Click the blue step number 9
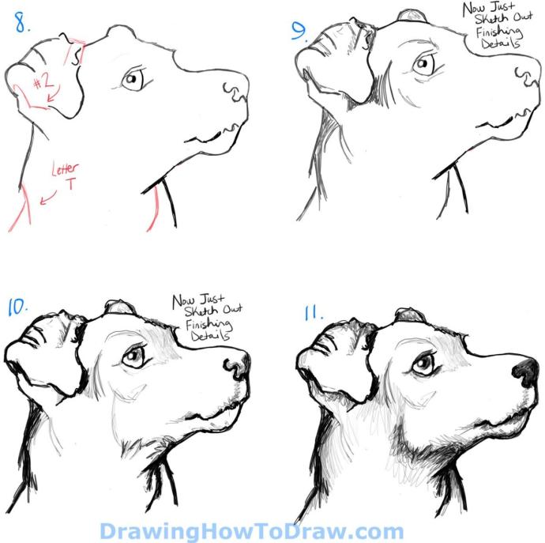[x=299, y=31]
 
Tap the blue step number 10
[x=17, y=307]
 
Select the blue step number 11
[x=313, y=312]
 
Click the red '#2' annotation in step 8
[x=43, y=82]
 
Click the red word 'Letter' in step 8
[x=65, y=168]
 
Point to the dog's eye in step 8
[x=132, y=79]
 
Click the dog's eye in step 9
[x=423, y=64]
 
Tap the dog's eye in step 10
[x=133, y=356]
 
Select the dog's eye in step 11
[x=423, y=364]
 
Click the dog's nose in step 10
[x=237, y=365]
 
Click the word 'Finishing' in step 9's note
[x=499, y=32]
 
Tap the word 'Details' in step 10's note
[x=210, y=336]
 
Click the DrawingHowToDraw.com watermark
[x=251, y=531]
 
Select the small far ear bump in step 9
[x=412, y=17]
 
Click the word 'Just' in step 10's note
[x=212, y=299]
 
